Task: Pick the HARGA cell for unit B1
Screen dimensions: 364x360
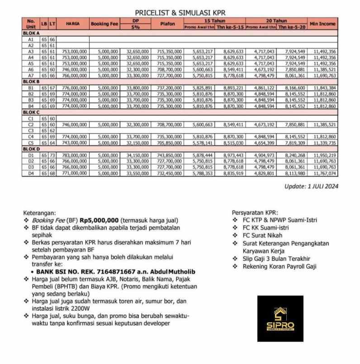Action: pyautogui.click(x=73, y=87)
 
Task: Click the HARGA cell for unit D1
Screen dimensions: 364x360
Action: pyautogui.click(x=73, y=155)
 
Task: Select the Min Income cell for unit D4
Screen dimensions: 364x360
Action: pyautogui.click(x=322, y=173)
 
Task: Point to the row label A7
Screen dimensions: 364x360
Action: pyautogui.click(x=31, y=76)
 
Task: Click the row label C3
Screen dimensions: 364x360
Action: pyautogui.click(x=31, y=130)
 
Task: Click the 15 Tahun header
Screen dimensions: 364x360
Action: pyautogui.click(x=214, y=21)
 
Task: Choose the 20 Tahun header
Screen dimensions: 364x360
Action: pyautogui.click(x=276, y=21)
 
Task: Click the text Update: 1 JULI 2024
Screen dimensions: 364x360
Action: pyautogui.click(x=311, y=186)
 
